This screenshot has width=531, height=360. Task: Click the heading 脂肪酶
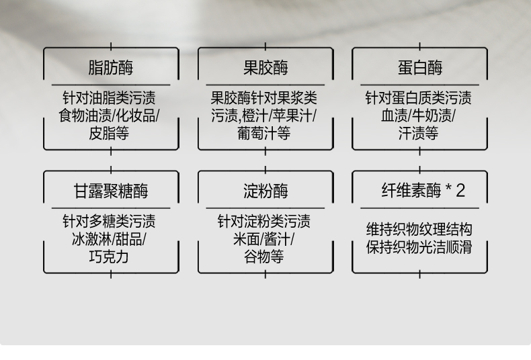pyautogui.click(x=111, y=68)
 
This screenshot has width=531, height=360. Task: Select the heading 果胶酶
pyautogui.click(x=265, y=68)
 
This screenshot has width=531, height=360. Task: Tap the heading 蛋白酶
pyautogui.click(x=420, y=68)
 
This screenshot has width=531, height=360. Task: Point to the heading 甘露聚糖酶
pyautogui.click(x=111, y=191)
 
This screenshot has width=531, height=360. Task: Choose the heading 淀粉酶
pyautogui.click(x=265, y=191)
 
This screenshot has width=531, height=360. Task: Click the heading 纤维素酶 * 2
pyautogui.click(x=423, y=191)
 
